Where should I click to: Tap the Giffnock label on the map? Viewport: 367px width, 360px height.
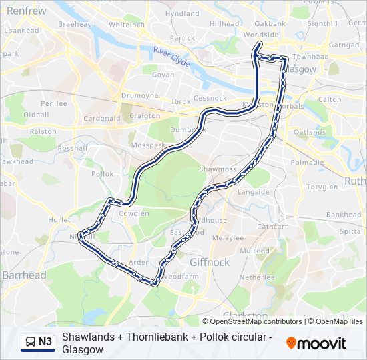(x=210, y=263)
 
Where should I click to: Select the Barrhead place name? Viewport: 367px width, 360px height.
(x=24, y=275)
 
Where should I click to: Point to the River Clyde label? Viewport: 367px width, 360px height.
(x=172, y=57)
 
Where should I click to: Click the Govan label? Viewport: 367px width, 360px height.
(x=163, y=75)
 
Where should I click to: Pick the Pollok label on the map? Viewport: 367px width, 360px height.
(x=103, y=173)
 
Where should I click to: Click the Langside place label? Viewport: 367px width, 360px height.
(x=254, y=192)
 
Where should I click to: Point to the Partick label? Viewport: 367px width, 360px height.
(x=182, y=39)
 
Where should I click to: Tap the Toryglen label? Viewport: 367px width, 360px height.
(x=322, y=187)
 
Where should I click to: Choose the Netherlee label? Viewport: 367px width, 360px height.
(x=257, y=276)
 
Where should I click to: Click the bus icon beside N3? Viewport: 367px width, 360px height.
(x=31, y=343)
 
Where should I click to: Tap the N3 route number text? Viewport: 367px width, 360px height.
(x=45, y=343)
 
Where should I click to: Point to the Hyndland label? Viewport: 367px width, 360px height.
(x=182, y=13)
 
